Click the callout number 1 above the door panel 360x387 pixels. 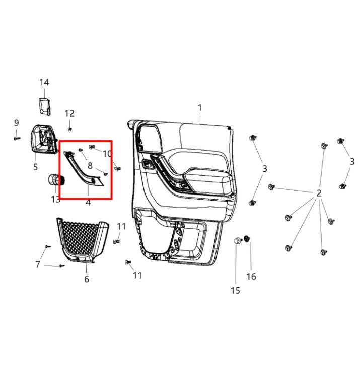(199, 108)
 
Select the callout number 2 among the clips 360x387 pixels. (319, 193)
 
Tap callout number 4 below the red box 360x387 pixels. (88, 202)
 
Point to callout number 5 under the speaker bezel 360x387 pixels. (35, 167)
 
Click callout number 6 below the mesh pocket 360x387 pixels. (87, 279)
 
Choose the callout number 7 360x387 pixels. (38, 264)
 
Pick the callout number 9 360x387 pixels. (16, 123)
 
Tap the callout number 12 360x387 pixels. (69, 113)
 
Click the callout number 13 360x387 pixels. (55, 199)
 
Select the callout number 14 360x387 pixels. (44, 82)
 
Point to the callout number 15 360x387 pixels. (235, 290)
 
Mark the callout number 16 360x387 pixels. (251, 276)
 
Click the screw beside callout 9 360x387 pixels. (17, 136)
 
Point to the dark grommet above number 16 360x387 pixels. (247, 238)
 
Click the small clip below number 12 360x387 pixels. (69, 127)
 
